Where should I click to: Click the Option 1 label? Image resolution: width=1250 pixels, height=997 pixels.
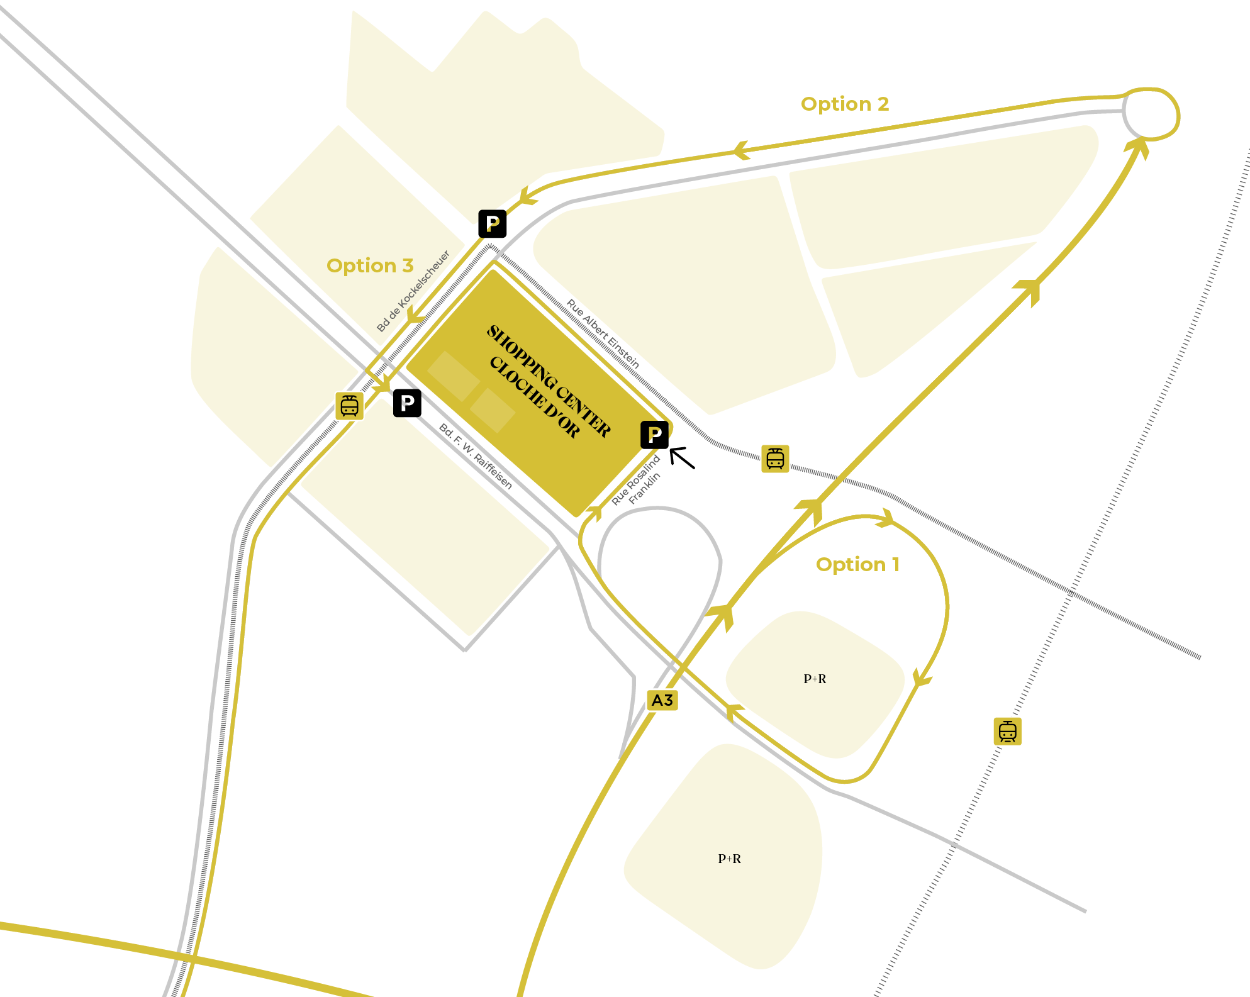(857, 564)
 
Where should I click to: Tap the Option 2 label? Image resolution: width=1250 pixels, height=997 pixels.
(844, 104)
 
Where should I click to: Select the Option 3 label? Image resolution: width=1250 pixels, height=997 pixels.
(370, 265)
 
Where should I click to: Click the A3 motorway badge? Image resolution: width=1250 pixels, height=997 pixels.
(662, 700)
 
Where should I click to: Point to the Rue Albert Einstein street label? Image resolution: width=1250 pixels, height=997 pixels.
(603, 333)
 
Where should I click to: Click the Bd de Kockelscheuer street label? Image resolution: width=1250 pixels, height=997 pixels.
(413, 291)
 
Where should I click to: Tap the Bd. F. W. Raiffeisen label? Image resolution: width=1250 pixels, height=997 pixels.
(476, 457)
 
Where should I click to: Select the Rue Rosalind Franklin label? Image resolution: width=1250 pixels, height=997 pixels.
(636, 481)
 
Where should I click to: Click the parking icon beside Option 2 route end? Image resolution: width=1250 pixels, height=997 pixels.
(493, 223)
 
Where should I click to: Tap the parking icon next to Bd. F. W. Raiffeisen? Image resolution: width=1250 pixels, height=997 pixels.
(407, 403)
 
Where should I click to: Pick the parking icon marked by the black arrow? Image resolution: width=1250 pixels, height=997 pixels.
(654, 435)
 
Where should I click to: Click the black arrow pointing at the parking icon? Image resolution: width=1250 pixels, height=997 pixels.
(683, 458)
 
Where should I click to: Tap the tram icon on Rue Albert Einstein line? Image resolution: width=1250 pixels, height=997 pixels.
(775, 459)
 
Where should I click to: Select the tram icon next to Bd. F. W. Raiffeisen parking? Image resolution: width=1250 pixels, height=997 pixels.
(349, 406)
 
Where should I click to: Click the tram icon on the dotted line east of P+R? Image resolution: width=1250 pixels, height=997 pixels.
(1007, 731)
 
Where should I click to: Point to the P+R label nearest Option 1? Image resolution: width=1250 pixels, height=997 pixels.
(815, 679)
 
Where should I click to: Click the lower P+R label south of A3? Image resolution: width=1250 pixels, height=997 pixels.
(729, 859)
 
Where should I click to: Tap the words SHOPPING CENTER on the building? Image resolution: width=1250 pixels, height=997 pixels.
(549, 381)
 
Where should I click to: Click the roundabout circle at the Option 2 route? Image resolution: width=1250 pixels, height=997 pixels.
(1151, 114)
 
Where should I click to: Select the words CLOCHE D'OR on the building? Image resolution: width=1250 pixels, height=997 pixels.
(534, 397)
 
